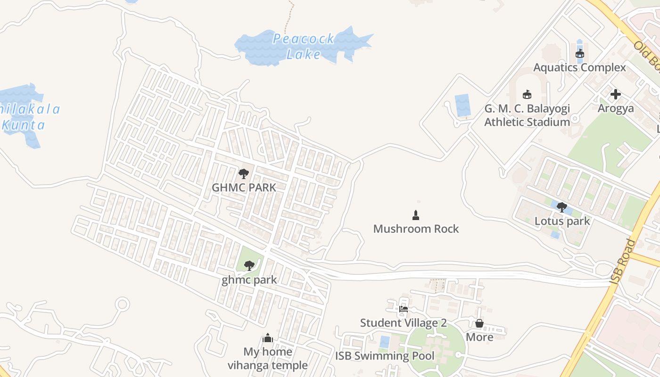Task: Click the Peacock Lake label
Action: [304, 46]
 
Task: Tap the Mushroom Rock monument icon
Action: [416, 215]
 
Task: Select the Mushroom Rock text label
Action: [416, 229]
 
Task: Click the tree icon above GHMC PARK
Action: [243, 174]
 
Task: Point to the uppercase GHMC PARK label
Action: [243, 188]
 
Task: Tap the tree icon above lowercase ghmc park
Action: [249, 266]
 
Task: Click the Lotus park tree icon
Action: [561, 207]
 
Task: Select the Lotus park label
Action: [562, 221]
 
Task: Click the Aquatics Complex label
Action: [579, 67]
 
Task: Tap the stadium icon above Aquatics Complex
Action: [579, 54]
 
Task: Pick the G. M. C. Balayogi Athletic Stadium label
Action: [527, 115]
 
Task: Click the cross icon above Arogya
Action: [615, 94]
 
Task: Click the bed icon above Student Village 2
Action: [404, 309]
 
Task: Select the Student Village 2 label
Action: [404, 323]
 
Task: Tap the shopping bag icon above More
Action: [479, 323]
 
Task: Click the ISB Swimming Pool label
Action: [385, 356]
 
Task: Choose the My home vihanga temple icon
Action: [268, 338]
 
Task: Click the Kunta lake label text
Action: [24, 125]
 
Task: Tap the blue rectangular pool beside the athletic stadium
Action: [462, 106]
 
